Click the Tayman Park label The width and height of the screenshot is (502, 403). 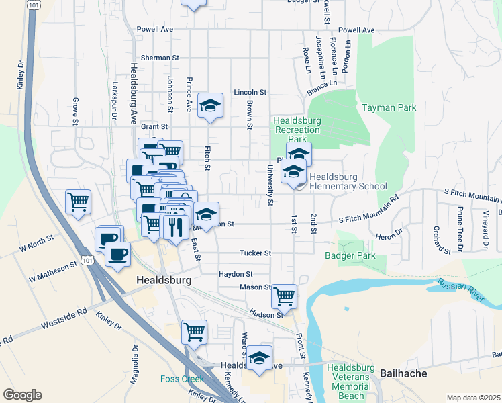pos(389,107)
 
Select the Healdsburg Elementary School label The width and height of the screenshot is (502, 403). pos(348,181)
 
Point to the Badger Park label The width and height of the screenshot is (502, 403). pos(350,255)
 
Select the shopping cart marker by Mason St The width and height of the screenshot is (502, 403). pos(285,295)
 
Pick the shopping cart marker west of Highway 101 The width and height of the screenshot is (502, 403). pos(79,201)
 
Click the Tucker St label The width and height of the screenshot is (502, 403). pos(256,253)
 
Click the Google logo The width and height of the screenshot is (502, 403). pos(22,395)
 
